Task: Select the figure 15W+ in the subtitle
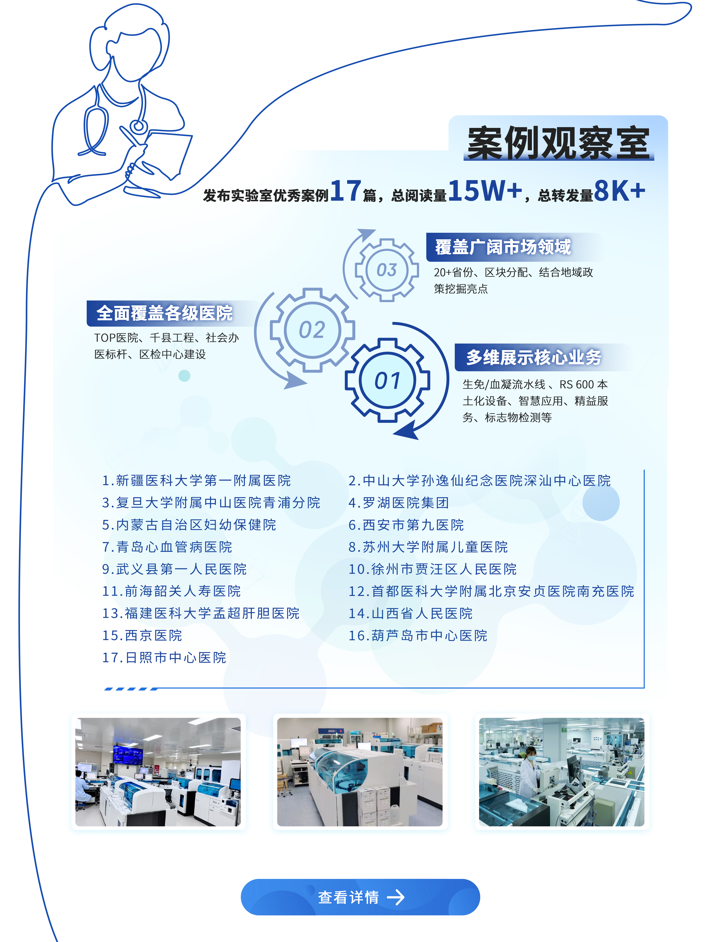pos(485,190)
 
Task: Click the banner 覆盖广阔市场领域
pos(503,247)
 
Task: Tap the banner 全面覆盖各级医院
pos(165,313)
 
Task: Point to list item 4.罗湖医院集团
pos(399,503)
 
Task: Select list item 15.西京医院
pos(142,635)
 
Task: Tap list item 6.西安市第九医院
pos(406,525)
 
